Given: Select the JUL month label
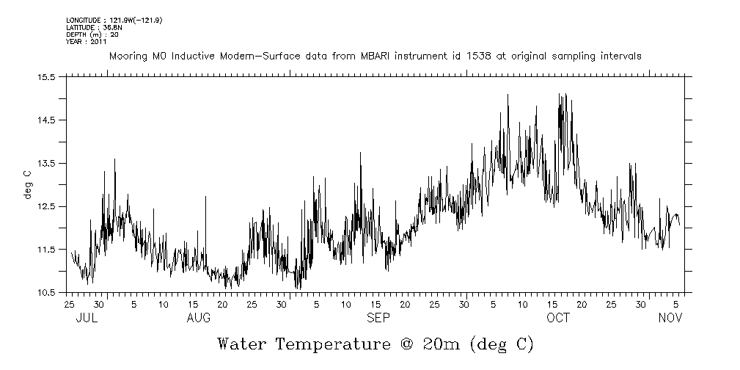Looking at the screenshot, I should tap(87, 318).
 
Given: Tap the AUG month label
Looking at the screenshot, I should tap(199, 318).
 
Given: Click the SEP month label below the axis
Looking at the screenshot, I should tap(378, 318).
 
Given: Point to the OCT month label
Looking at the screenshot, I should tap(558, 318).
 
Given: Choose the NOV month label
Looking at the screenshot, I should tap(670, 318).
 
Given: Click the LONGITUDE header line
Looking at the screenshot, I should tap(114, 20).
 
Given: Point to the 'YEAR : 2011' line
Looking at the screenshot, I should tap(87, 42).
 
